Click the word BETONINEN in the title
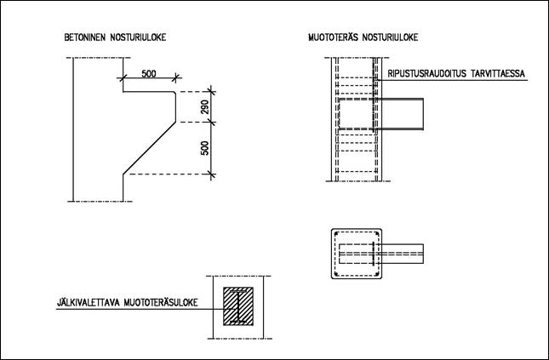click(x=85, y=37)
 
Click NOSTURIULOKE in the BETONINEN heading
click(x=138, y=37)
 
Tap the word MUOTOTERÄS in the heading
click(x=333, y=37)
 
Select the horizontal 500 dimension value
click(x=149, y=74)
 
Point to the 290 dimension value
click(x=205, y=107)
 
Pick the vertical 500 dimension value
click(x=205, y=148)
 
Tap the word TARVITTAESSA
click(x=498, y=74)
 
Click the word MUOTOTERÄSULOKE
click(x=161, y=302)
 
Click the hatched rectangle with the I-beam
click(x=238, y=306)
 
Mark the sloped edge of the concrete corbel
click(x=149, y=148)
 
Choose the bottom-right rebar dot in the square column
click(x=376, y=273)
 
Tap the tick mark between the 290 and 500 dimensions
click(x=211, y=122)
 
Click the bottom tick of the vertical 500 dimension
click(x=211, y=174)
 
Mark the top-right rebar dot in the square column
click(x=376, y=234)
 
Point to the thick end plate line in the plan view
click(x=374, y=254)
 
